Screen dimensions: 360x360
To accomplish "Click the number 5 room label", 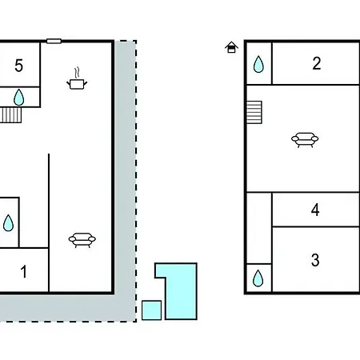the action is tap(18, 66).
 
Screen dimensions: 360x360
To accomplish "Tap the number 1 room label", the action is tap(24, 272).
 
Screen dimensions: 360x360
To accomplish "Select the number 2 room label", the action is tap(317, 63).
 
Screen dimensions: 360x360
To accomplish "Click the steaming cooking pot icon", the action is tap(77, 78).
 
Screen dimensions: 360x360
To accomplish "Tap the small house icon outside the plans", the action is tap(231, 47).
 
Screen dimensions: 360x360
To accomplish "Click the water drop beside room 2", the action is tap(258, 64).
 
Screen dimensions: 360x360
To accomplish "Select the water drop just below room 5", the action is tap(19, 98).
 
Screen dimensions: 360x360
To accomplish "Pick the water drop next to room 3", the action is tap(258, 278).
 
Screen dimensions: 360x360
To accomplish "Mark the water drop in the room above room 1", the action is tap(8, 223).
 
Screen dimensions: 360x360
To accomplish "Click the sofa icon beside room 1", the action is tap(82, 240).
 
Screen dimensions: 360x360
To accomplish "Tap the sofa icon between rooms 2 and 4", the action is tap(305, 140).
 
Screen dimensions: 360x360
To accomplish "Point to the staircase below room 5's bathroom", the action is tap(10, 115).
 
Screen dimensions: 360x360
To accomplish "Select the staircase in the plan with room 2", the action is tap(254, 112).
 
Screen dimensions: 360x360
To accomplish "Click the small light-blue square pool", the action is tap(151, 310).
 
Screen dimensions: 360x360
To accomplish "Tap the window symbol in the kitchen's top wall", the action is tap(54, 41).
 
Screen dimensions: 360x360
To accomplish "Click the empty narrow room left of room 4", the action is tap(259, 228).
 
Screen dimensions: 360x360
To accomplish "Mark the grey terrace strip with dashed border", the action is tap(126, 306).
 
